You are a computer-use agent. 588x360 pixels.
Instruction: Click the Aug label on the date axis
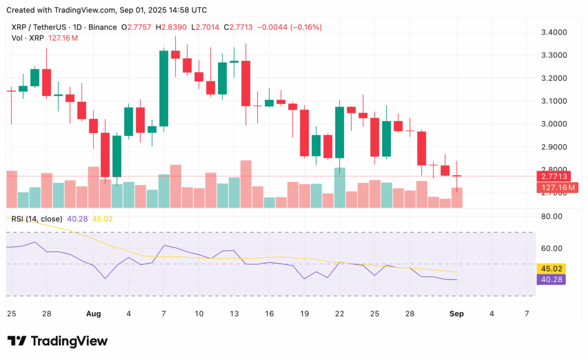93,314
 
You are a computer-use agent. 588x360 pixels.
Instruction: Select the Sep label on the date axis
456,314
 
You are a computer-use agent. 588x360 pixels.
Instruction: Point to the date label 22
339,314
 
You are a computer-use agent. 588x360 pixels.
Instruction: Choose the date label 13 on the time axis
234,314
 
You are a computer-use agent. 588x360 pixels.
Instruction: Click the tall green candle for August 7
164,88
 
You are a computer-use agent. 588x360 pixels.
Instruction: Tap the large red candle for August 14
246,83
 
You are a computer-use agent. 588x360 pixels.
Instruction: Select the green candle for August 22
339,132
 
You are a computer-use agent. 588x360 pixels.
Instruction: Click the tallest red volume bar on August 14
246,184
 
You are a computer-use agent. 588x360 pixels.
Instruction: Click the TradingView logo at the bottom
57,341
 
